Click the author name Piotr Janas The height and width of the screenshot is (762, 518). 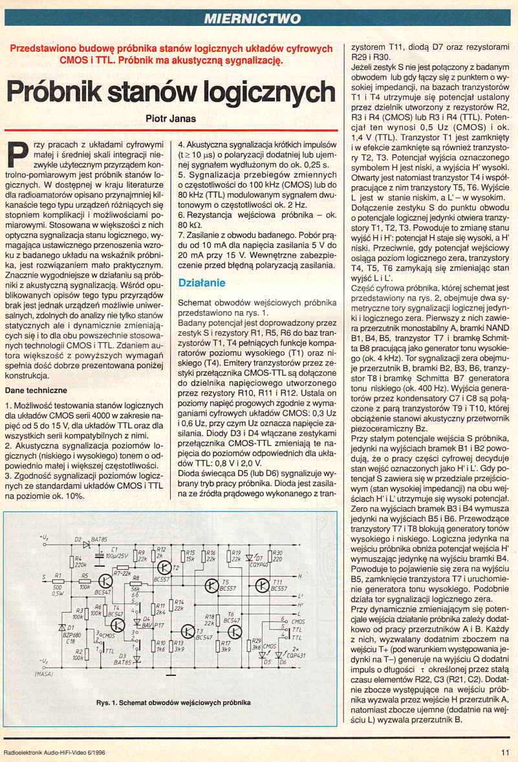(x=171, y=118)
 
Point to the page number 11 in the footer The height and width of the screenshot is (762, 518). (x=504, y=752)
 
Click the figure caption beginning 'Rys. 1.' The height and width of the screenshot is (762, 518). (x=173, y=702)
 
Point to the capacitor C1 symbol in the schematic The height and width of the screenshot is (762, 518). (x=101, y=554)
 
